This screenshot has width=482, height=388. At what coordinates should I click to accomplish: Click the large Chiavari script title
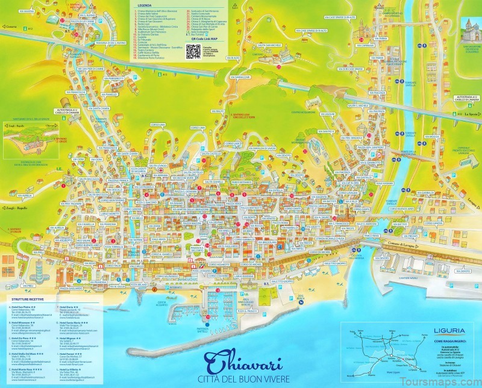(x=236, y=361)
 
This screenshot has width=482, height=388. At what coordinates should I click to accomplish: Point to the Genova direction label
(x=10, y=27)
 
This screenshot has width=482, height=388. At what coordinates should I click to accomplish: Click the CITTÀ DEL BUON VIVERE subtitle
(x=236, y=379)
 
